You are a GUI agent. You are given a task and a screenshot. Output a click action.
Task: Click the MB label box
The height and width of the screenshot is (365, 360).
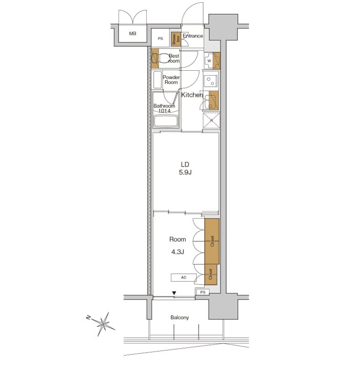click(x=132, y=34)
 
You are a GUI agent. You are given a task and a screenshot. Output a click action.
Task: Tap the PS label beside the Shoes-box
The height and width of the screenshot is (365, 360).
click(x=160, y=39)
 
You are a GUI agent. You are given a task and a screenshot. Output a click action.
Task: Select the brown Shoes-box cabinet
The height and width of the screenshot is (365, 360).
click(x=176, y=39)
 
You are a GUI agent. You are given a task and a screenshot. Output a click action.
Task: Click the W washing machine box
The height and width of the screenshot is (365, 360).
click(x=209, y=60)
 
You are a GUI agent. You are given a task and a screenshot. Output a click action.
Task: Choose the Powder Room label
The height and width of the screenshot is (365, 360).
click(x=171, y=80)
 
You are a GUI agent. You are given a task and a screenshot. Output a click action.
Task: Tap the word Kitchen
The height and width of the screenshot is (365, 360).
click(x=192, y=95)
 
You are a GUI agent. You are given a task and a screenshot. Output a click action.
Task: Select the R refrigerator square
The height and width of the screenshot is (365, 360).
click(x=211, y=121)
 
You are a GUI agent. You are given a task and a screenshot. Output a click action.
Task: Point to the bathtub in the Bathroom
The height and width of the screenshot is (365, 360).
click(x=166, y=121)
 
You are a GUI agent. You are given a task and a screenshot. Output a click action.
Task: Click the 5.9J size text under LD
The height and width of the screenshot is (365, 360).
click(x=185, y=173)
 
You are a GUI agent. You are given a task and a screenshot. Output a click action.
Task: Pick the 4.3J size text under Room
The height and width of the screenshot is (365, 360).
click(x=177, y=250)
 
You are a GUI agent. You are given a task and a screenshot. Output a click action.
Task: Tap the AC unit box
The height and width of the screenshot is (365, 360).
click(x=184, y=277)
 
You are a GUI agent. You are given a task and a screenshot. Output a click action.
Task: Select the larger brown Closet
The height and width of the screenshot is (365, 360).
click(x=212, y=241)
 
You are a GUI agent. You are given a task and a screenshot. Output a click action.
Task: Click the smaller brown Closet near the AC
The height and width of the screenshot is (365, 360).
click(x=211, y=274)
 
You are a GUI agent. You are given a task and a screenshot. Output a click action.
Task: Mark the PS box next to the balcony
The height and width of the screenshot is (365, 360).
click(x=202, y=292)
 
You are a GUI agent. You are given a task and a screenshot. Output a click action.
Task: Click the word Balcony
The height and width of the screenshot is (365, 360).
click(x=180, y=318)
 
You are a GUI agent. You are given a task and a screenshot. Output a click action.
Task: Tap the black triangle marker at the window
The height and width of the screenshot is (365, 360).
click(x=174, y=293)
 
